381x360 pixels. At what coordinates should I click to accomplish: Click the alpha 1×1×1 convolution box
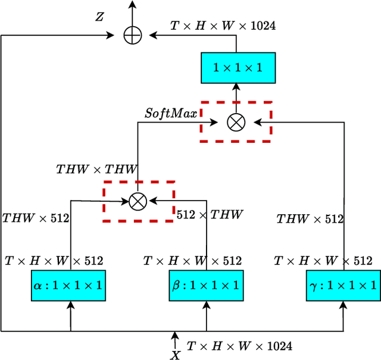click(67, 285)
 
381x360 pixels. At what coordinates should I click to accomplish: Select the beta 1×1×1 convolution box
click(206, 285)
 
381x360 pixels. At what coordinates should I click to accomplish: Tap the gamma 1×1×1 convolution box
click(343, 285)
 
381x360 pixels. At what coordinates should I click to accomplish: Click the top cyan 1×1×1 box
click(237, 67)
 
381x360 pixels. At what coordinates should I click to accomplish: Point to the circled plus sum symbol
click(132, 35)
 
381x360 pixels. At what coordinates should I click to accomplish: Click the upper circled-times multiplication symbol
click(236, 122)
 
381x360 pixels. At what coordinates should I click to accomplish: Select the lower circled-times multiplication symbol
click(138, 201)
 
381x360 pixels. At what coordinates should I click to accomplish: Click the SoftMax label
click(171, 113)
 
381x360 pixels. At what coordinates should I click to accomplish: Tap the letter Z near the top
click(99, 17)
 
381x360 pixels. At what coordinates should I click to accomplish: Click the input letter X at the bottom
click(176, 355)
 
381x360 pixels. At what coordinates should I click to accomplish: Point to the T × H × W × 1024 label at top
click(223, 26)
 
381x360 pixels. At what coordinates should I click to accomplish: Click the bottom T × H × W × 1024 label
click(239, 346)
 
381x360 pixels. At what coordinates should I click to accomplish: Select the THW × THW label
click(96, 169)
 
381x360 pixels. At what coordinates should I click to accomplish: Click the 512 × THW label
click(210, 215)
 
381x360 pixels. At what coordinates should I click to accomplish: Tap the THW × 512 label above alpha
click(36, 218)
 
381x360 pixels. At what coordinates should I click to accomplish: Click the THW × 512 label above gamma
click(310, 219)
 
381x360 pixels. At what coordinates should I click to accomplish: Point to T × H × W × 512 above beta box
click(192, 261)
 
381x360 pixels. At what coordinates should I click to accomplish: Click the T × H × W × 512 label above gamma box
click(323, 261)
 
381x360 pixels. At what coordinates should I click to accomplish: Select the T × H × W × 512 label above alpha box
click(54, 261)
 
